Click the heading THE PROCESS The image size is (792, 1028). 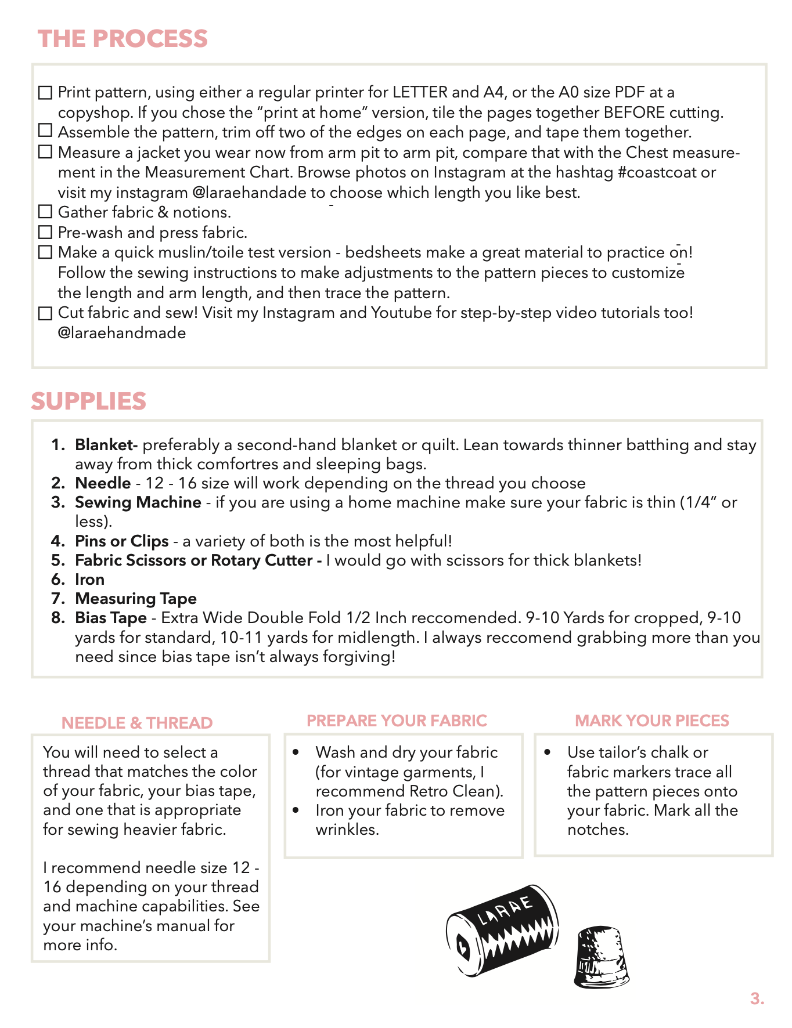point(123,39)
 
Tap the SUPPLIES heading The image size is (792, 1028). point(88,401)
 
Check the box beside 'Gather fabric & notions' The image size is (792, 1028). point(45,212)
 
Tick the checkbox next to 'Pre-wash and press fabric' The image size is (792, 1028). point(45,232)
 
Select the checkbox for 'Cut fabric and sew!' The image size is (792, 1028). point(45,313)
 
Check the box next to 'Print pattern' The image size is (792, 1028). point(45,93)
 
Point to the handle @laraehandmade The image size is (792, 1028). point(122,333)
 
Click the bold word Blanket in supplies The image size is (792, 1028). point(105,445)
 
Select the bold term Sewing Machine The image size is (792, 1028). point(138,502)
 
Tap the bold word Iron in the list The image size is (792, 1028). point(89,580)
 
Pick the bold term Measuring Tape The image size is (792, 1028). point(136,599)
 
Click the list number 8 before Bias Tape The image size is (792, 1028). point(57,618)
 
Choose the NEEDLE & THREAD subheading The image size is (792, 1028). point(137,723)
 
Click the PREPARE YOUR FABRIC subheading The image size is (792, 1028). point(397,721)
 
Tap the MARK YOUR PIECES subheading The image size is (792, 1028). point(652,721)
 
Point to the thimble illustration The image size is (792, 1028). point(602,957)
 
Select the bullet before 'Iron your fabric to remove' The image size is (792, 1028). point(296,810)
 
